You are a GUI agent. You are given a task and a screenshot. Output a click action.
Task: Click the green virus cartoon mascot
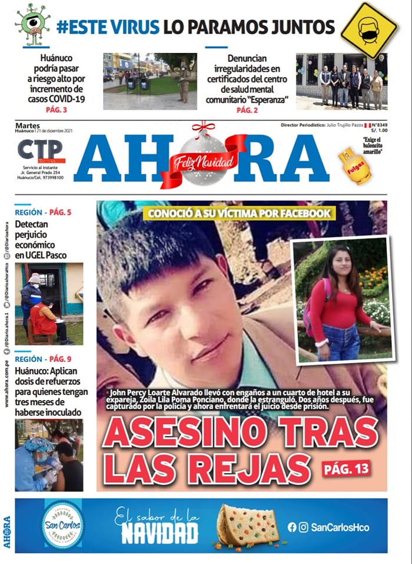tap(32, 24)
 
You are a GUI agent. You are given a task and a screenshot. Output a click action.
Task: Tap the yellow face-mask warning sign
tap(369, 29)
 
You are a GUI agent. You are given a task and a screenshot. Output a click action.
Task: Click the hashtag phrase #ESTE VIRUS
tap(108, 26)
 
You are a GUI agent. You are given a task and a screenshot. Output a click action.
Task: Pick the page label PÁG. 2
tap(248, 110)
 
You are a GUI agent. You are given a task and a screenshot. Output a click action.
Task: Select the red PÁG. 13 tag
tap(346, 468)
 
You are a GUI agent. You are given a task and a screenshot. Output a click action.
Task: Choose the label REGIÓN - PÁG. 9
tap(43, 359)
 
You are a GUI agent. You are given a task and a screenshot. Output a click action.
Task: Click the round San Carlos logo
tap(61, 524)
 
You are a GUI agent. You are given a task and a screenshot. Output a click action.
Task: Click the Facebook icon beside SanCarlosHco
tap(291, 527)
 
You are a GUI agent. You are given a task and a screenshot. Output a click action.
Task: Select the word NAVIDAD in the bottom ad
tap(160, 533)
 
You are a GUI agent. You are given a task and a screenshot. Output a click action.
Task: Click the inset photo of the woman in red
tap(343, 300)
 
